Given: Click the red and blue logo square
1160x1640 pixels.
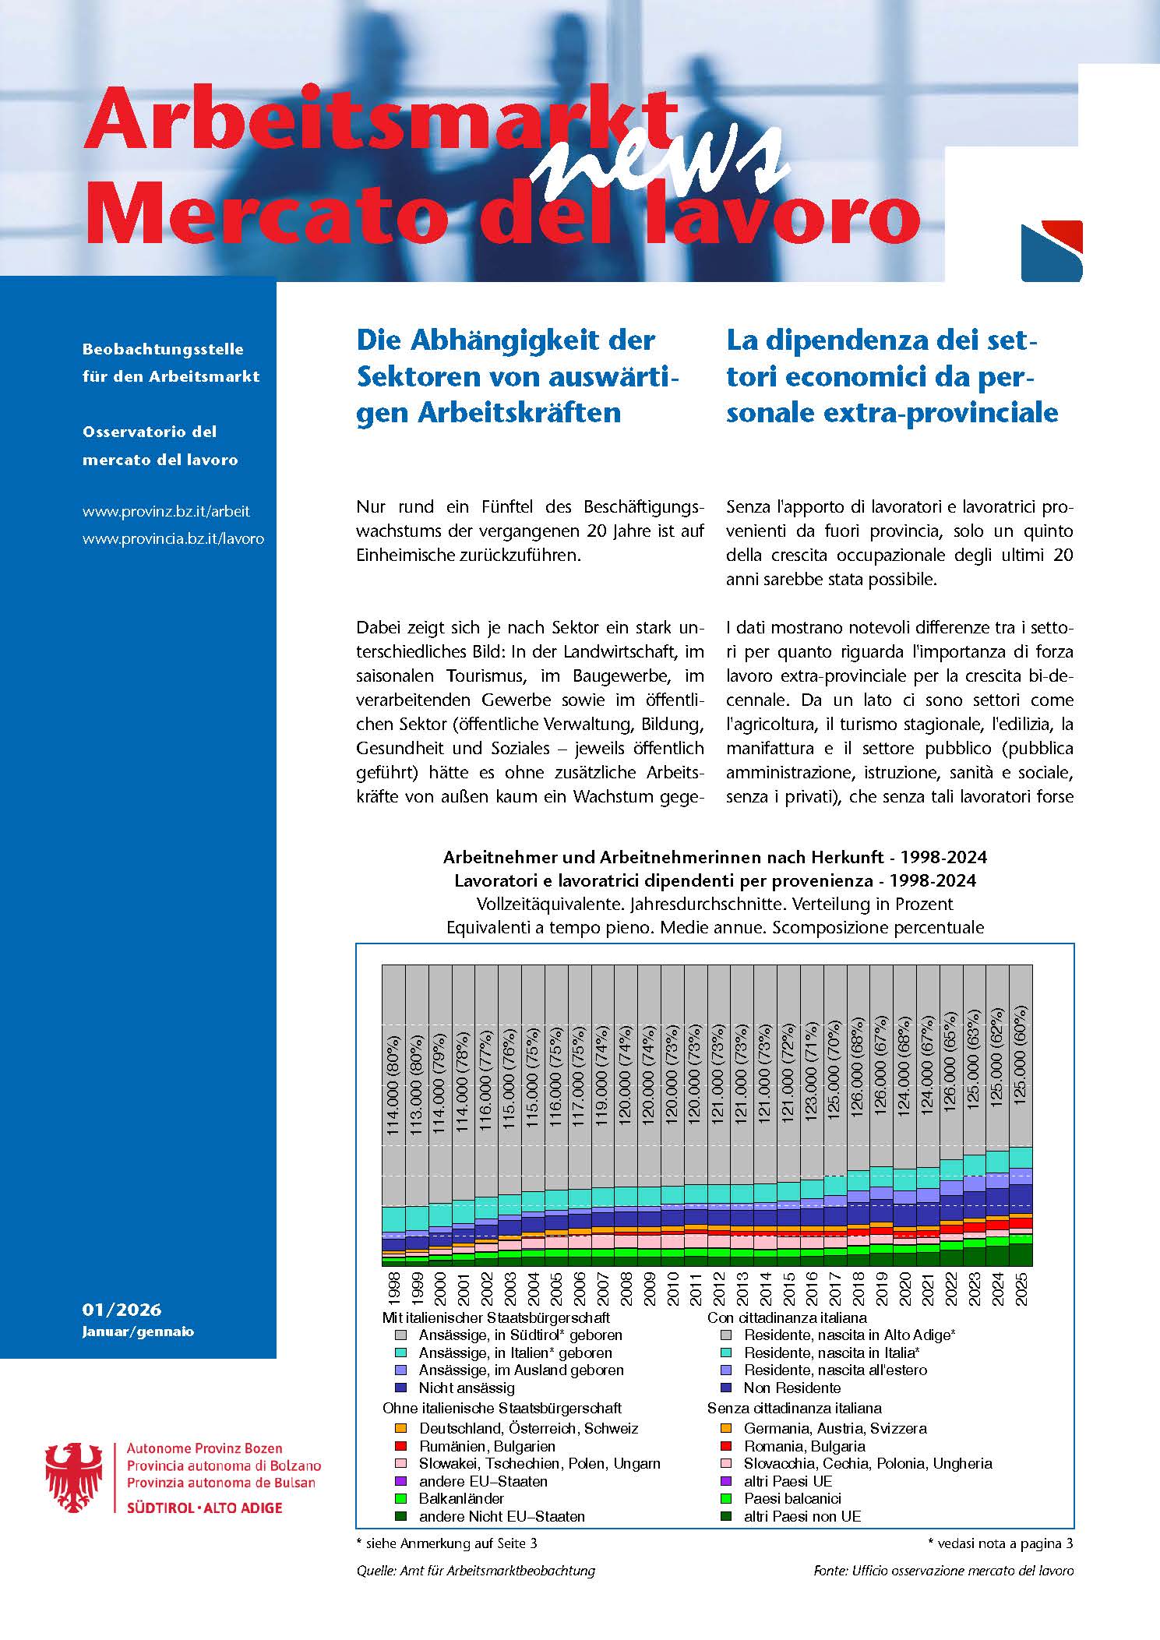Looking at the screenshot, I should (x=1051, y=251).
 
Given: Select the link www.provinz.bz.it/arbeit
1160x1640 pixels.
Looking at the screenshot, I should (x=166, y=512).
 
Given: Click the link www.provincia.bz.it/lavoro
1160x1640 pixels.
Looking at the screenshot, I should (x=173, y=538).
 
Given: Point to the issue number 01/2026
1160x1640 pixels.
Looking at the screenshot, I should (x=122, y=1310).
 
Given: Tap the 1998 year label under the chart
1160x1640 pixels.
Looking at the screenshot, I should (x=394, y=1293).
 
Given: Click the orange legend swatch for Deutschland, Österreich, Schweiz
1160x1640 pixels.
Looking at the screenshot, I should (x=401, y=1429).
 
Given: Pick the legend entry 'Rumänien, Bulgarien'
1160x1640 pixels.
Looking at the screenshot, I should (x=487, y=1447).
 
